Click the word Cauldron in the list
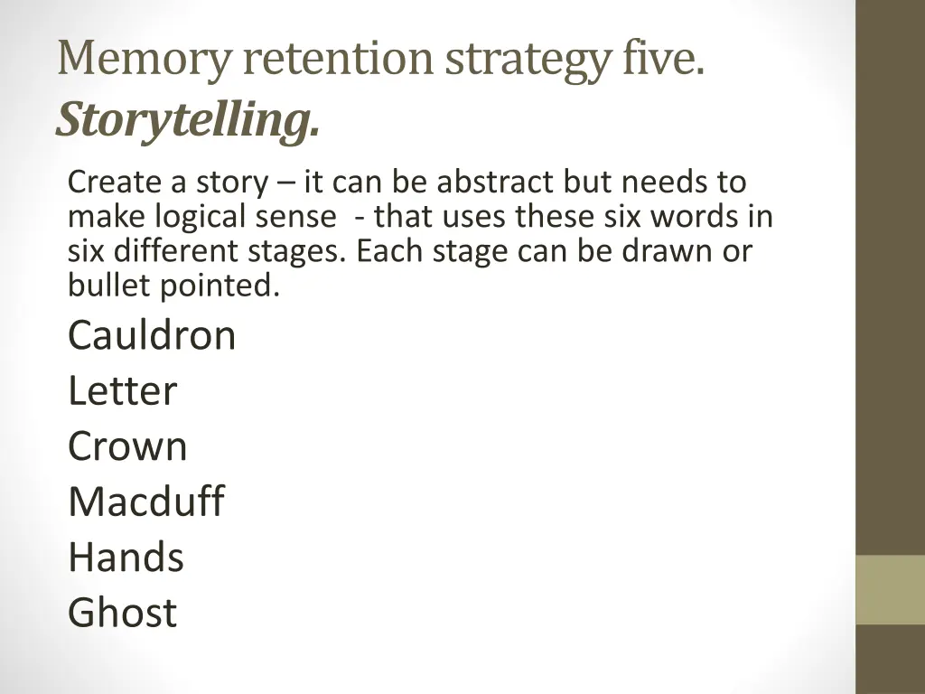[151, 336]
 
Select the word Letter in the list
[122, 391]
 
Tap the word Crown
[127, 446]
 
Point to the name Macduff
[145, 502]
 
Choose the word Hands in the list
[126, 557]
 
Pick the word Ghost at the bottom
[122, 613]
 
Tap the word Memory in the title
[144, 59]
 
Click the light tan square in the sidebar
[890, 589]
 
